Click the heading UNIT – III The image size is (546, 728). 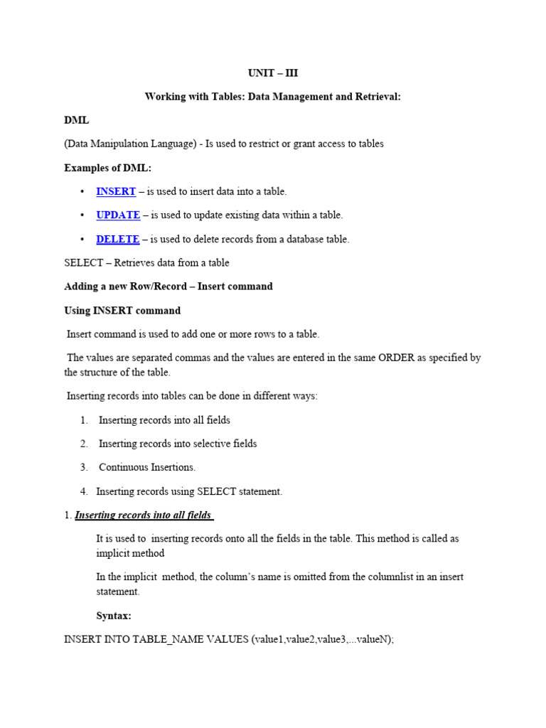click(x=272, y=73)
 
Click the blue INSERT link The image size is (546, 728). click(x=116, y=191)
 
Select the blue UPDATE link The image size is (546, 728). click(x=118, y=215)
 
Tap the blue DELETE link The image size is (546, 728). click(x=118, y=239)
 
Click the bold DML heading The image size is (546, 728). click(x=76, y=120)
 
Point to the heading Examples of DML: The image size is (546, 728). click(x=107, y=167)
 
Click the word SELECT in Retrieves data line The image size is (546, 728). click(x=83, y=262)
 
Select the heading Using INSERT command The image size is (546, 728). click(x=122, y=310)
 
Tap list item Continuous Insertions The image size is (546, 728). click(x=146, y=467)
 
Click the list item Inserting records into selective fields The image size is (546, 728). click(x=178, y=444)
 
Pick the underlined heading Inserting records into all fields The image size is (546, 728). click(x=144, y=515)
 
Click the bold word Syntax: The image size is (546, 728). click(x=114, y=616)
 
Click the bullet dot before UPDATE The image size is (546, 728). click(x=83, y=215)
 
